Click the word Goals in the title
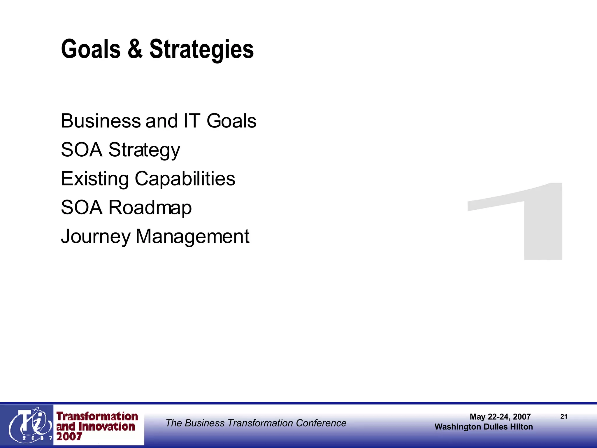pos(91,49)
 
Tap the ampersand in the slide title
pos(135,49)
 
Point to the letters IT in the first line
pos(192,121)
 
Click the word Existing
pos(95,179)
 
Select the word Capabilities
pos(185,178)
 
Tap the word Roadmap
pos(150,208)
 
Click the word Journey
pos(96,237)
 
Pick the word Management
pos(192,236)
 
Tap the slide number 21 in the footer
pos(564,417)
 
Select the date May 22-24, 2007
pos(500,417)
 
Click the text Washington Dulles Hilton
pos(484,427)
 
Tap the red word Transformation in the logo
pos(97,416)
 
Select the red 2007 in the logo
pos(69,437)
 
